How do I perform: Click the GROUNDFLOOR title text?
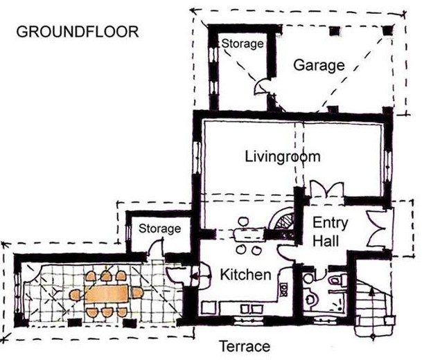(78, 32)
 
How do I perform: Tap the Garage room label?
(319, 65)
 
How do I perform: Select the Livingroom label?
(283, 156)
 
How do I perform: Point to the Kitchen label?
(245, 275)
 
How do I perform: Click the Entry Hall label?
(330, 232)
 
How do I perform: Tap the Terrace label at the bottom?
(245, 346)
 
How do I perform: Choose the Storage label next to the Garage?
(243, 44)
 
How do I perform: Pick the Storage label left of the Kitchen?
(159, 228)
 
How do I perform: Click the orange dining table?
(107, 294)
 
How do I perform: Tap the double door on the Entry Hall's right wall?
(377, 229)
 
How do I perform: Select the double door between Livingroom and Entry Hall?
(327, 190)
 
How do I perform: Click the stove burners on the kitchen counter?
(283, 289)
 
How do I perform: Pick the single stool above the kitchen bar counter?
(243, 222)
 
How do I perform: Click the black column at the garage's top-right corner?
(388, 30)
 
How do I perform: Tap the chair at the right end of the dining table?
(137, 293)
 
